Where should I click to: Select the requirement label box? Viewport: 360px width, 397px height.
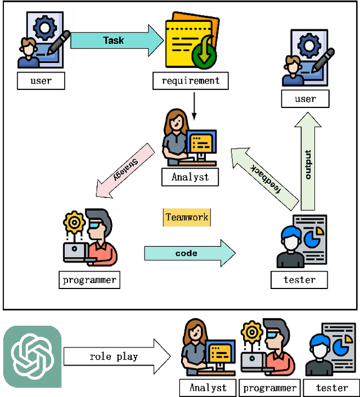tap(191, 81)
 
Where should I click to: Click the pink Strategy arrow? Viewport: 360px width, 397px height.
tap(125, 171)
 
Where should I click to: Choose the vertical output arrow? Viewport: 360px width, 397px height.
tap(308, 163)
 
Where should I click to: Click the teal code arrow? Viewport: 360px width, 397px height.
tap(188, 253)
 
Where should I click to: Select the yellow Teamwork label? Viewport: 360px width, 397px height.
tap(187, 217)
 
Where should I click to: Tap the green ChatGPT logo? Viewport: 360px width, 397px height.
tap(32, 357)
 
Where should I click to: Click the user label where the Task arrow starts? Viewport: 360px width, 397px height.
tap(40, 81)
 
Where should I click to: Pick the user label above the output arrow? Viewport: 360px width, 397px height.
tap(305, 99)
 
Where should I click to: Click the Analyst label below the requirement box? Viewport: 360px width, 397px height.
tap(190, 177)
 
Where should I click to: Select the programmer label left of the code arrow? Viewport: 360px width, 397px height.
tap(89, 279)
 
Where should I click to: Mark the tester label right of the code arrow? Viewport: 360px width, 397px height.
tap(299, 279)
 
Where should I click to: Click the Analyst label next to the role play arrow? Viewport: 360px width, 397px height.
tap(208, 387)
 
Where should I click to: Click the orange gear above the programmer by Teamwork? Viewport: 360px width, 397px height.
tap(74, 223)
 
